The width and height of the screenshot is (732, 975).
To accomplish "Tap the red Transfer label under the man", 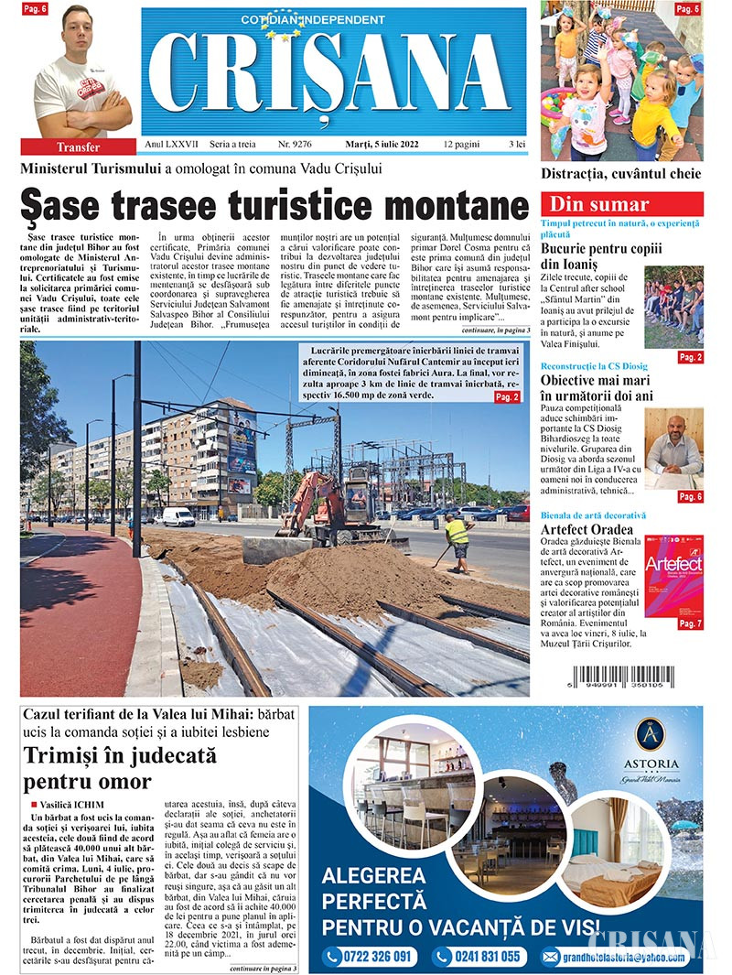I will coord(79,146).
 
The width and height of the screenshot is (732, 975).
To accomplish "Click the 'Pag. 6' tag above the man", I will coord(37,9).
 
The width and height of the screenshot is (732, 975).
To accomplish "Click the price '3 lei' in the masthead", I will coord(517,146).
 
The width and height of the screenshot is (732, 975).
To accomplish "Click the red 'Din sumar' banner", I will coord(621,204).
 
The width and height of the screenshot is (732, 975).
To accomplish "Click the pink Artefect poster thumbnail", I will coord(674,578).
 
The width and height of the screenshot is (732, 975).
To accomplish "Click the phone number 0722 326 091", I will coord(371,957).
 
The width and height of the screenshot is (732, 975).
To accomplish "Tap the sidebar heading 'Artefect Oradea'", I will coord(587,529).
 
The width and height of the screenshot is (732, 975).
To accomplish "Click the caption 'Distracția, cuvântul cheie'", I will coord(621,173).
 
